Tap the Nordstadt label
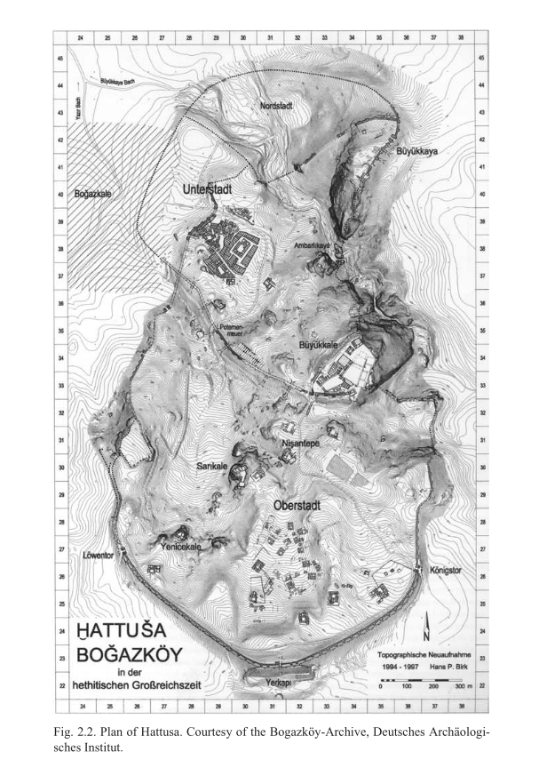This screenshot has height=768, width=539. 278,105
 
